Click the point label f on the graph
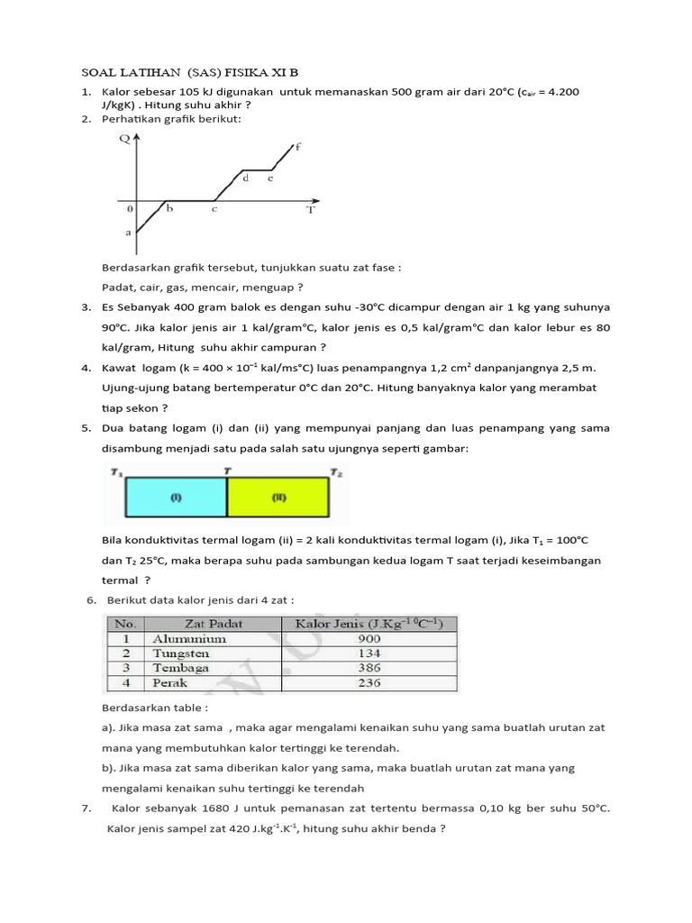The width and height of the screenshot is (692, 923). tap(298, 146)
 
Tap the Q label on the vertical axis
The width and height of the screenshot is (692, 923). tap(124, 139)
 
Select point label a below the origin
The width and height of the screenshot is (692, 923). tap(128, 233)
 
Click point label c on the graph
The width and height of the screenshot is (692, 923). tap(214, 208)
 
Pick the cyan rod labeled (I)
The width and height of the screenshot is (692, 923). tap(176, 497)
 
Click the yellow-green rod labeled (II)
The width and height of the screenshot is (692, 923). tap(277, 497)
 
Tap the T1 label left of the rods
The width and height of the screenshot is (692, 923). tap(116, 471)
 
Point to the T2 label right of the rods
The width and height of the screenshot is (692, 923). tap(335, 471)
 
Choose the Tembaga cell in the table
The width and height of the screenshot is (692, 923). tap(181, 668)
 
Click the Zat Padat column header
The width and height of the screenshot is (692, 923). tap(214, 623)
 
